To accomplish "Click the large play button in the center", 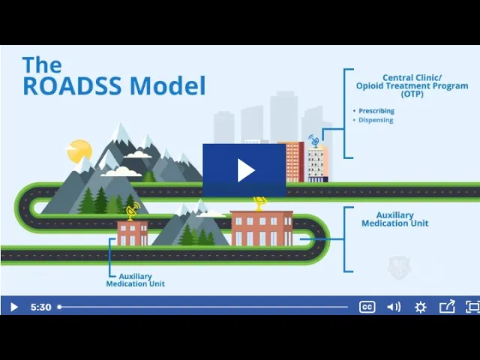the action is pyautogui.click(x=244, y=170).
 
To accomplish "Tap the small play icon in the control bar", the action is pyautogui.click(x=13, y=307).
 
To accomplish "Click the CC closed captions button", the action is pyautogui.click(x=367, y=307).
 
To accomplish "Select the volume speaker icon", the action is pyautogui.click(x=394, y=307).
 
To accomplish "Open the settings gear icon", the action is pyautogui.click(x=420, y=307).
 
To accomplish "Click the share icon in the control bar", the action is pyautogui.click(x=447, y=307).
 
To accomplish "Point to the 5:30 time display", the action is pyautogui.click(x=40, y=307).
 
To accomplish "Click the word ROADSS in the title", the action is pyautogui.click(x=72, y=85).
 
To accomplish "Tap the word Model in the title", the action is pyautogui.click(x=168, y=85).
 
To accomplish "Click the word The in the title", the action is pyautogui.click(x=42, y=64).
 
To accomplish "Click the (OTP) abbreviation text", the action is pyautogui.click(x=412, y=94).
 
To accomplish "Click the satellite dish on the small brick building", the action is pyautogui.click(x=132, y=211).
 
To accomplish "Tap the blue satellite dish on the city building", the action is pyautogui.click(x=314, y=141).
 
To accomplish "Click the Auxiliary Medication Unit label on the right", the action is pyautogui.click(x=395, y=219).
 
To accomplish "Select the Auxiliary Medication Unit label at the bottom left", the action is pyautogui.click(x=135, y=280).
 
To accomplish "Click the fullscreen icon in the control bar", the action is pyautogui.click(x=472, y=307).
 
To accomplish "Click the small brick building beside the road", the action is pyautogui.click(x=133, y=233).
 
